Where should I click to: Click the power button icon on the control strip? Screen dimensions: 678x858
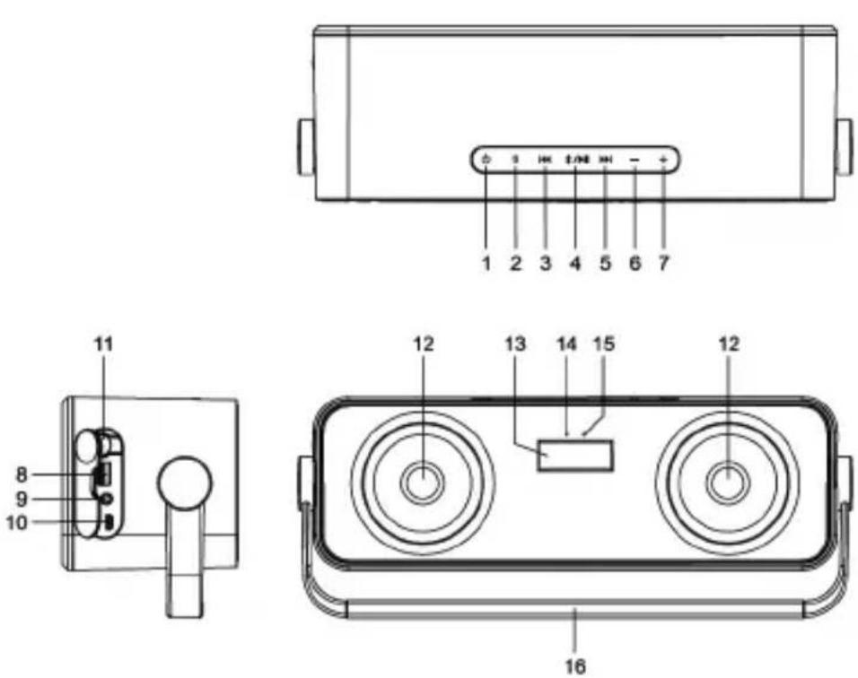tap(486, 161)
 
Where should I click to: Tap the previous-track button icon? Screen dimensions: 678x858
tap(545, 161)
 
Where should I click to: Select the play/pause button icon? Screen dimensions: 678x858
tap(575, 161)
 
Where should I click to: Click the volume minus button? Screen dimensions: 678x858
tap(635, 161)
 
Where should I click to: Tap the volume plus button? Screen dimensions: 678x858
tap(663, 161)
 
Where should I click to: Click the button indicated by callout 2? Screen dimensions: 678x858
tap(515, 161)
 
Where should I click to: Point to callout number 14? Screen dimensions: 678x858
tap(566, 343)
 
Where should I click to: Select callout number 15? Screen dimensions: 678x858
tap(599, 343)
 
